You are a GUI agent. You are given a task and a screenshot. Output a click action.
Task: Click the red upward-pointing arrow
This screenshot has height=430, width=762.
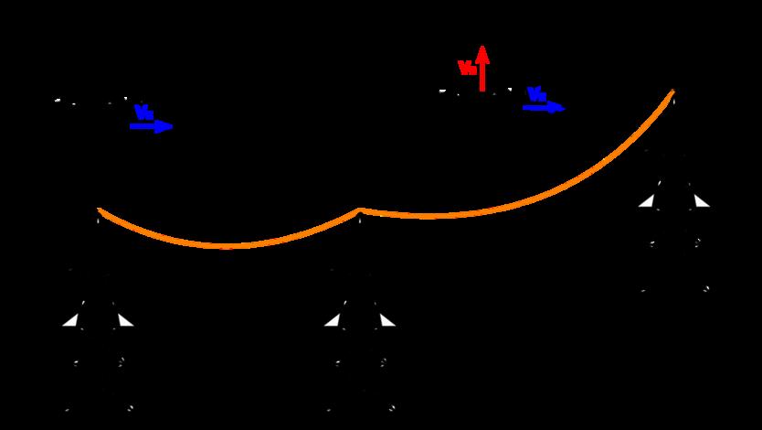[x=482, y=68]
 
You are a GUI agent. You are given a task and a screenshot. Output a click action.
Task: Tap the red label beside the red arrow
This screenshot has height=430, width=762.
[x=466, y=68]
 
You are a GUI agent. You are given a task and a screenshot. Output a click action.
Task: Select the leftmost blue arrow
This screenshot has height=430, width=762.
[x=151, y=126]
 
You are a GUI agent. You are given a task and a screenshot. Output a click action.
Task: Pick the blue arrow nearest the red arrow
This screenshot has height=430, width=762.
[x=544, y=108]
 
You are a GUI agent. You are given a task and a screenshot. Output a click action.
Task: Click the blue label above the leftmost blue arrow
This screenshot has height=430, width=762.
[x=143, y=113]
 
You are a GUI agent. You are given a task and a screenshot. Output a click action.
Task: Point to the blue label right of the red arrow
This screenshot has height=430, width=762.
[x=536, y=94]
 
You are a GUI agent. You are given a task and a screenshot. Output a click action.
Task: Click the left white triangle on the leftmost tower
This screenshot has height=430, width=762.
[x=71, y=320]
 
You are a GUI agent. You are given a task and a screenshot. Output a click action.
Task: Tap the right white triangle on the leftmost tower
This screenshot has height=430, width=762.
[x=124, y=320]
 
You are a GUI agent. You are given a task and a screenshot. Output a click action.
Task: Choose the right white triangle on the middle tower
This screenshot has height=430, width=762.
[x=386, y=320]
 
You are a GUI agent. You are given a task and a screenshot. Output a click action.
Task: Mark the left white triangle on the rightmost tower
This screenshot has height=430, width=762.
[x=647, y=201]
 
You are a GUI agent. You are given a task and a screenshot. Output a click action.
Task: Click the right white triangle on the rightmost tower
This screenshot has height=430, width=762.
[x=701, y=201]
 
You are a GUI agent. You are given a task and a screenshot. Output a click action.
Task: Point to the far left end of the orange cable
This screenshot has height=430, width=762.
[x=99, y=210]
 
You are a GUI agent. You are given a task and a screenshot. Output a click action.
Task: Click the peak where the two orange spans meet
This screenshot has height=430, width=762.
[x=360, y=210]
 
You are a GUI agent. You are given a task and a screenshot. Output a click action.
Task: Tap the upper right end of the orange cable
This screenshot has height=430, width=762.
[x=673, y=91]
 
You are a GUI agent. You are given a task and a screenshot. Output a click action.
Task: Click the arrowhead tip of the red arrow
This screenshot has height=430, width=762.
[x=482, y=46]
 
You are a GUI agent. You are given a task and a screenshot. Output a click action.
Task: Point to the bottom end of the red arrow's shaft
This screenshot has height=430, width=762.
[x=482, y=90]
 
